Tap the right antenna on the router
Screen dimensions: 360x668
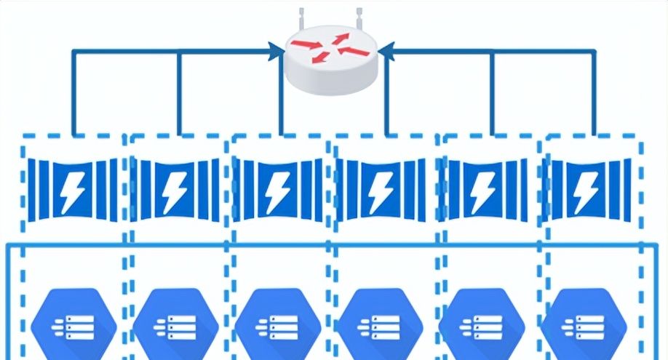359,20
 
